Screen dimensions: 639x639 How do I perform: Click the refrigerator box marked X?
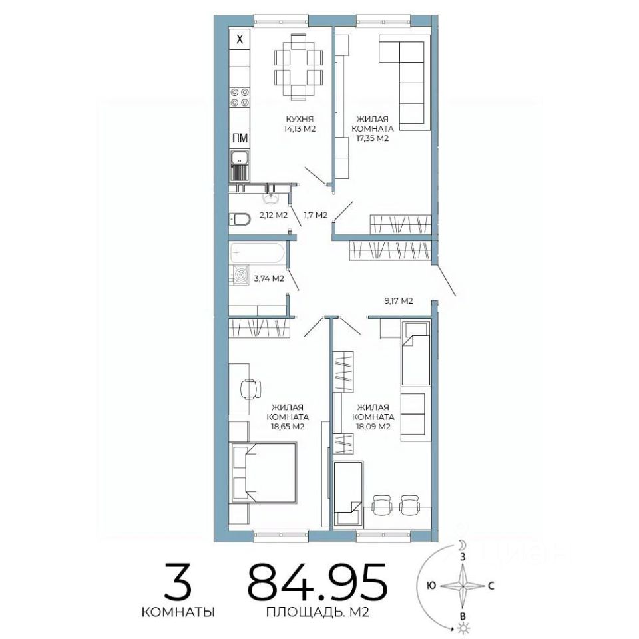tap(240, 39)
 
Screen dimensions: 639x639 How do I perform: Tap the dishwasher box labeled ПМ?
tap(240, 138)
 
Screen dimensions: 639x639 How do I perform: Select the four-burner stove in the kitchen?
tap(240, 97)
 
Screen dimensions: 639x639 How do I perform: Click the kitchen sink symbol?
tap(240, 166)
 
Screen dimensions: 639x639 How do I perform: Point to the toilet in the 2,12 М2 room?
tap(239, 220)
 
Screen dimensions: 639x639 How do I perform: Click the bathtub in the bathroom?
tap(257, 253)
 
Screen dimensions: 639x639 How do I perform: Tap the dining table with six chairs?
tap(299, 67)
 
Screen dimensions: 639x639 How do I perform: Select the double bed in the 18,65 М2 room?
tap(264, 473)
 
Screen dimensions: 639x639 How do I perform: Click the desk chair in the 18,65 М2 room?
tap(251, 389)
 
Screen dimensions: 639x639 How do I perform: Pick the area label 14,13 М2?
tap(300, 128)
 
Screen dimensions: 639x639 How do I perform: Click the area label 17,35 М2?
tap(373, 138)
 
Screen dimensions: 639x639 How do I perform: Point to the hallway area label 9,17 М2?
tap(399, 301)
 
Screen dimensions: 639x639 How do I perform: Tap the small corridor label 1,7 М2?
tap(316, 215)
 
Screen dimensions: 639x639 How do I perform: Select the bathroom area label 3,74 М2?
tap(269, 279)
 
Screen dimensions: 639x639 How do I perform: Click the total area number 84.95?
tap(317, 580)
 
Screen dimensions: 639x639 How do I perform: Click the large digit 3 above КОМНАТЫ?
tap(178, 580)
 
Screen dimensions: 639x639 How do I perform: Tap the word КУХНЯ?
tap(300, 119)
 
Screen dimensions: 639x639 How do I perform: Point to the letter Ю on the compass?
tap(431, 586)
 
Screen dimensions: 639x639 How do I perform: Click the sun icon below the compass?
tap(463, 628)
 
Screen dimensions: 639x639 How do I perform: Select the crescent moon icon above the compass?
tap(462, 545)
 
